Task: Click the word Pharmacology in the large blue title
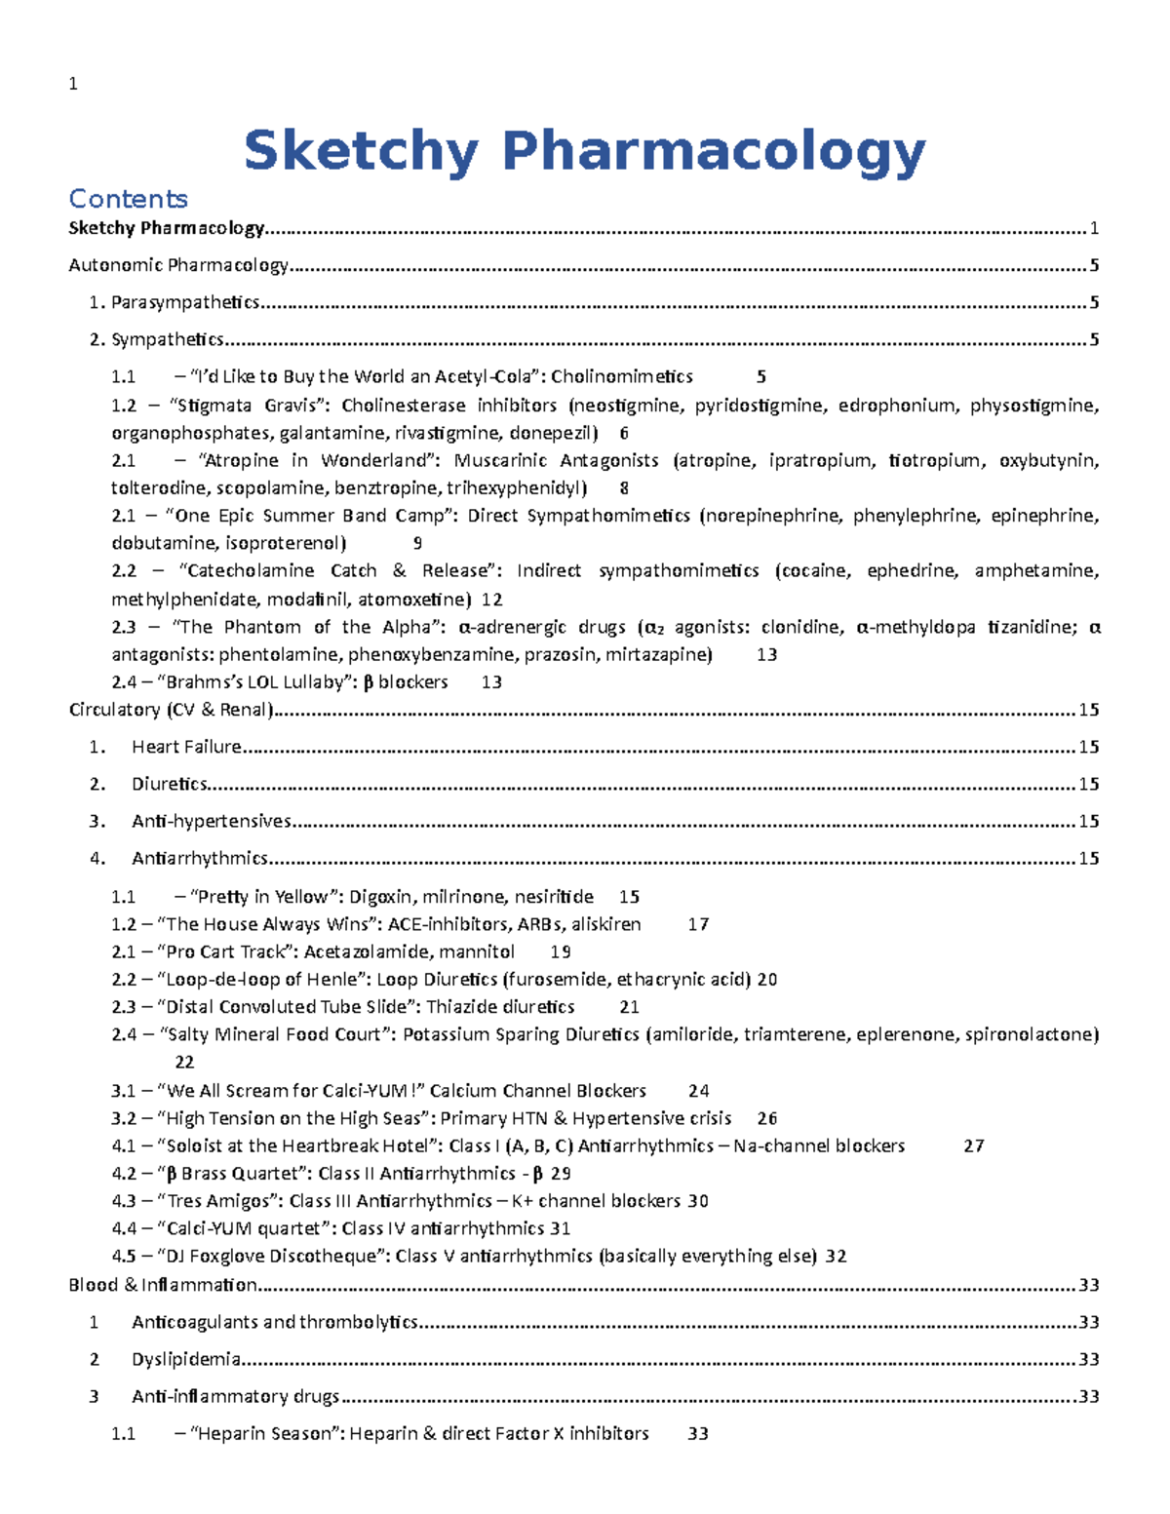pos(713,152)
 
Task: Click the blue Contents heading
pos(128,199)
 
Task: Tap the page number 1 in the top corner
pos(73,84)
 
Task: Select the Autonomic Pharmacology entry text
pos(178,265)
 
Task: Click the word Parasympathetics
pos(185,302)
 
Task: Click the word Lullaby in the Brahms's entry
pos(311,682)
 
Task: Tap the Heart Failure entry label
pos(186,747)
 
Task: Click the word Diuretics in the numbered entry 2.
pos(170,784)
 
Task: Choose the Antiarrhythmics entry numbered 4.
pos(199,858)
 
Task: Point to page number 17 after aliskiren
pos(698,924)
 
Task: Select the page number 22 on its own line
pos(184,1062)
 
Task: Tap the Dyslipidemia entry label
pos(185,1359)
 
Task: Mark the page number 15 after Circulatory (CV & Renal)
pos(1089,710)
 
